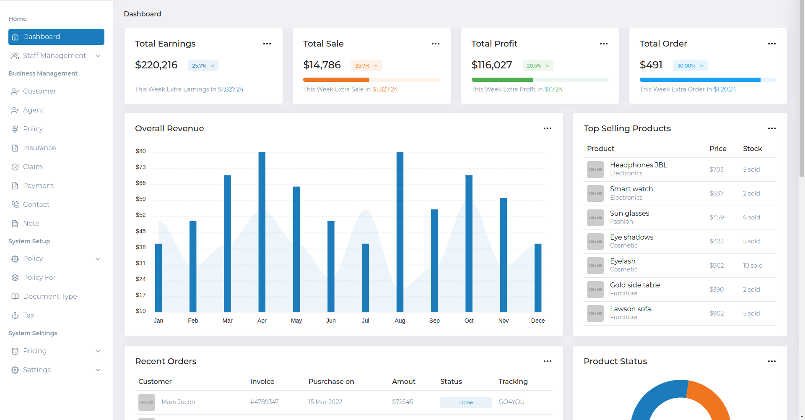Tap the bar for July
366,278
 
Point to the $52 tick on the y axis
141,215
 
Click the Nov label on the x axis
504,321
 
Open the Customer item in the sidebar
39,91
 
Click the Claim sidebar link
33,167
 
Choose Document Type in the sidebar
50,296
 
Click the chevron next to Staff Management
98,56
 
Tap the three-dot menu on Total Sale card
436,44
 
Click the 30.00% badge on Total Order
690,65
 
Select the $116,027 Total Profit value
491,65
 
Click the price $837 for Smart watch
716,193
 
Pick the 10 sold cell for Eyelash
753,266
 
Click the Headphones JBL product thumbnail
595,170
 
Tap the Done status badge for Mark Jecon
466,402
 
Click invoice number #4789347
265,402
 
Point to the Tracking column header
513,381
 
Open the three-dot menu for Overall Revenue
548,128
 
